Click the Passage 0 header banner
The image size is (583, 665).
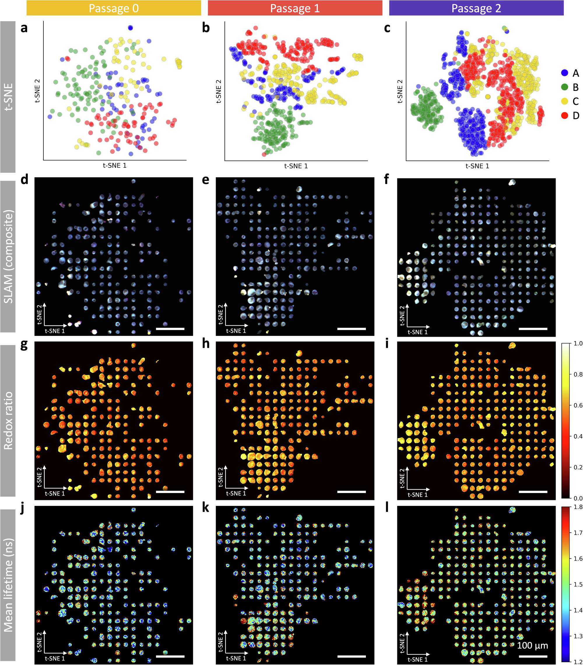114,8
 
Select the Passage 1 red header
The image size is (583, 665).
295,8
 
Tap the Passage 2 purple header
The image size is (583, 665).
476,8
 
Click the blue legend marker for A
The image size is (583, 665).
565,73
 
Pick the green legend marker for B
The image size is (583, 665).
565,87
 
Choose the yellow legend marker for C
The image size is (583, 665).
565,101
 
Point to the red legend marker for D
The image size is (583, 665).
565,115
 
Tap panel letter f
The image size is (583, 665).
387,179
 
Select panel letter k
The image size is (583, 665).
205,508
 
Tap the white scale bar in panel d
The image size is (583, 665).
170,329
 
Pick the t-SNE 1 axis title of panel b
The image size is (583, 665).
296,166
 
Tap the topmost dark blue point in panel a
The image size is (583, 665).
131,28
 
